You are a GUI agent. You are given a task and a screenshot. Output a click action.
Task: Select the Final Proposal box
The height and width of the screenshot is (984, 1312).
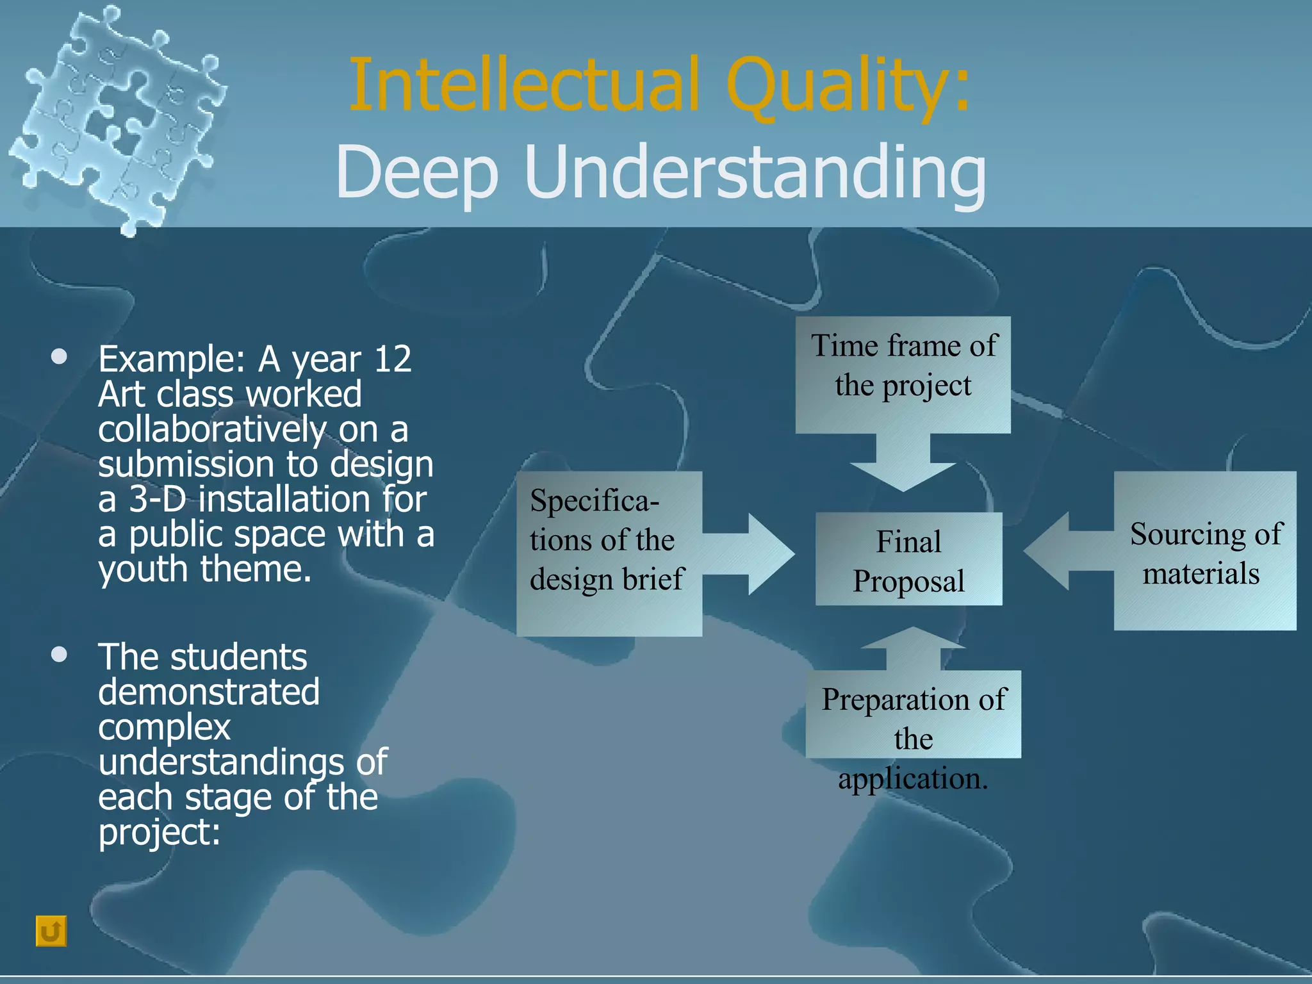[908, 559]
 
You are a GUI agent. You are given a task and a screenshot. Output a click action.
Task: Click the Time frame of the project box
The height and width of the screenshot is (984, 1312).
[903, 375]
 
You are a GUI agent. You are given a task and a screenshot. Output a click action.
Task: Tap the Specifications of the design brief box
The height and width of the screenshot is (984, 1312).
[609, 554]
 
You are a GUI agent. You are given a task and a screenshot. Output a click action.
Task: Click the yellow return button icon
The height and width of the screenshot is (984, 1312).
[51, 931]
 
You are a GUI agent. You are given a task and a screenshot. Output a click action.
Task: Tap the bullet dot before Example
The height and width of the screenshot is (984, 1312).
[60, 357]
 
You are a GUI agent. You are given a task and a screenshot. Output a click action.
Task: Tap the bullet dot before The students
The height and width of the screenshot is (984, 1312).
[60, 655]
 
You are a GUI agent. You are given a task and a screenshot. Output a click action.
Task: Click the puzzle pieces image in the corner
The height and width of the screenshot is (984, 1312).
[119, 119]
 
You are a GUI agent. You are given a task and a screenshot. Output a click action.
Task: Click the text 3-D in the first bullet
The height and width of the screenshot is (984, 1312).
[158, 499]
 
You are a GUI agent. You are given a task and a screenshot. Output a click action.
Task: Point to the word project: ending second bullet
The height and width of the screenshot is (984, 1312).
[159, 832]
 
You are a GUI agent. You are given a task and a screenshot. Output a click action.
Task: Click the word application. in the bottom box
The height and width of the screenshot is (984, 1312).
[913, 779]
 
